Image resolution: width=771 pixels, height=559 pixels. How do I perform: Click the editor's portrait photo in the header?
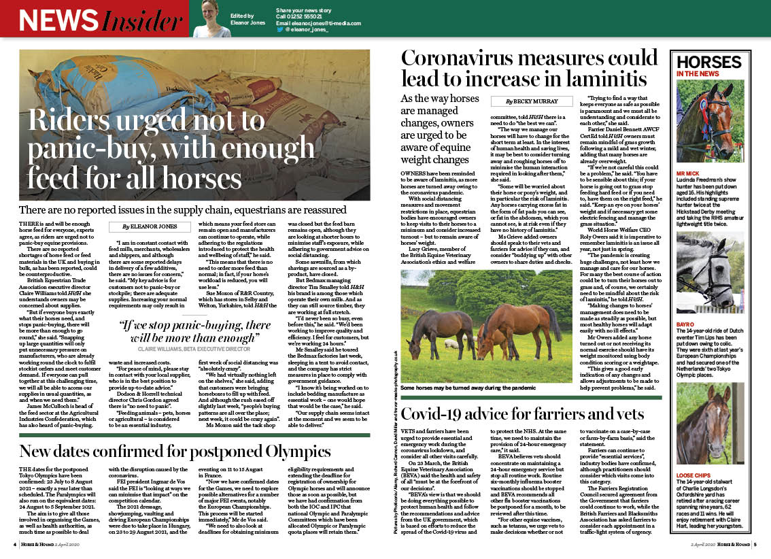[x=213, y=18]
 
